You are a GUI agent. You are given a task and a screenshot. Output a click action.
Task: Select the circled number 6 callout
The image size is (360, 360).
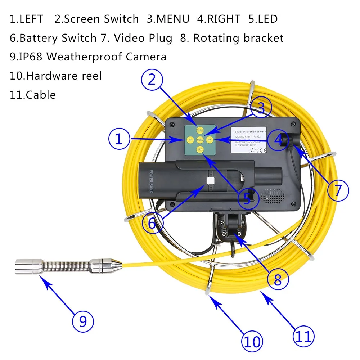[152, 223]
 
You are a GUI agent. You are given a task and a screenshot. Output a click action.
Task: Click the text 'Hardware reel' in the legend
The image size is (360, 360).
[64, 76]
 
